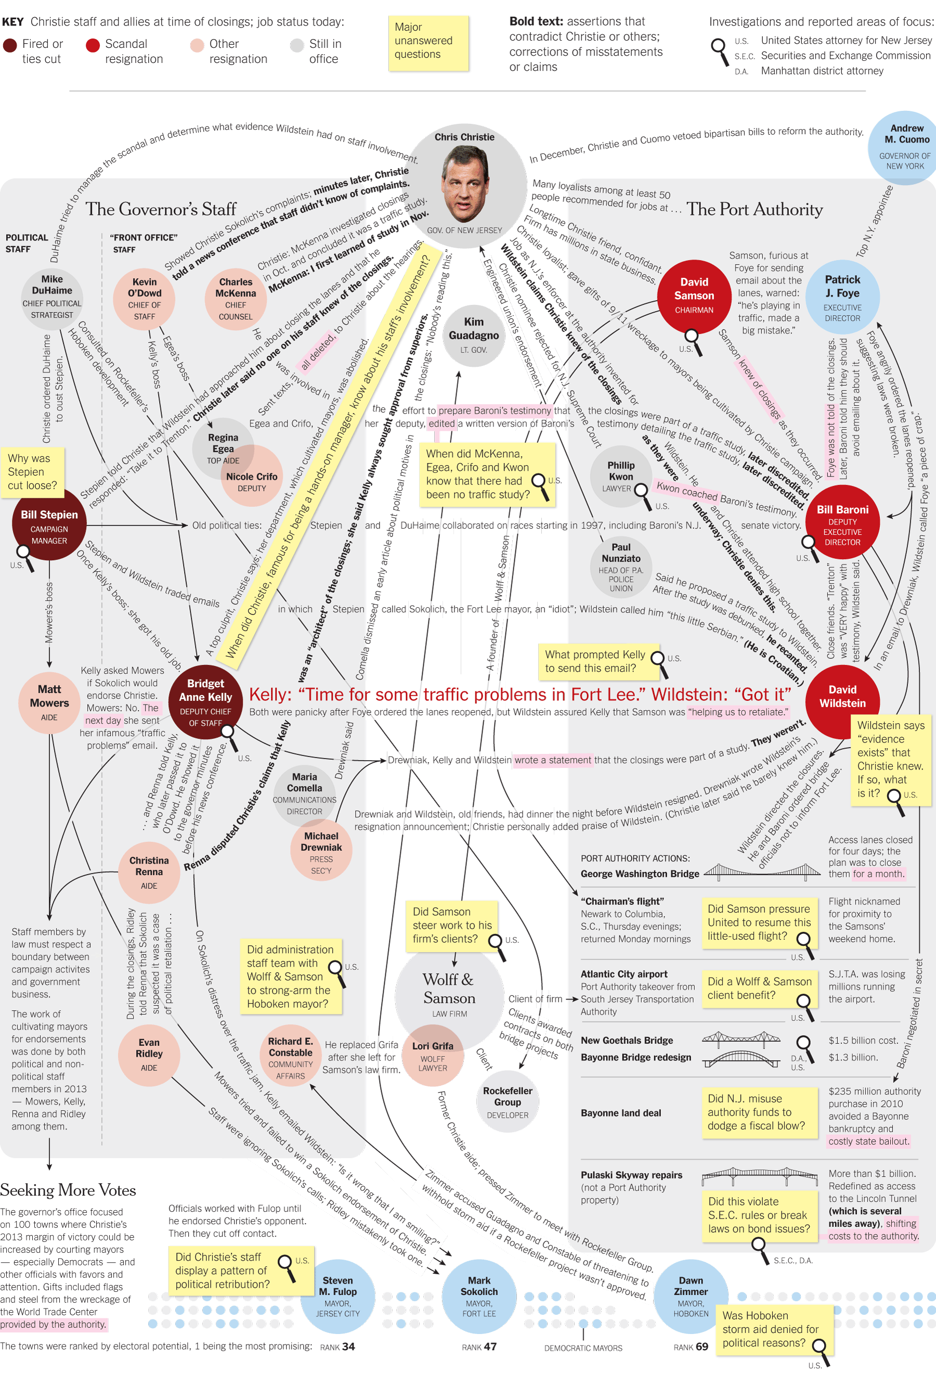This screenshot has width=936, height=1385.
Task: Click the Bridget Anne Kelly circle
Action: [x=205, y=701]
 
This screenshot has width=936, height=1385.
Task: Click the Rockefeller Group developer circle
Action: [x=508, y=1101]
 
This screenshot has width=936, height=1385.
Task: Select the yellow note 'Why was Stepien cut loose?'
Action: [x=32, y=471]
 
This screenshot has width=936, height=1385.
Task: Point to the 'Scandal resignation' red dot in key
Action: [x=93, y=45]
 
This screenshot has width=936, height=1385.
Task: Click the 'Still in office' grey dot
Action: [x=297, y=45]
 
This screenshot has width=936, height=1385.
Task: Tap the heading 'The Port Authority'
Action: [x=755, y=210]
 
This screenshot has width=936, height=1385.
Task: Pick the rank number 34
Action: [x=348, y=1346]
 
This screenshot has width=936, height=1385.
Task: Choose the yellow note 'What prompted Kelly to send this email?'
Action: [x=598, y=661]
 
